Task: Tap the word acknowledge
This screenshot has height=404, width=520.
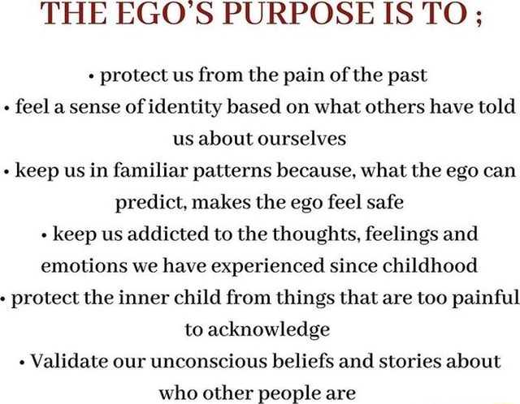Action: click(x=270, y=330)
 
